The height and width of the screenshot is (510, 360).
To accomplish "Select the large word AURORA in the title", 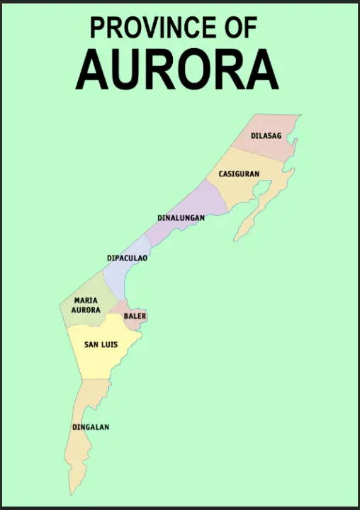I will (176, 69).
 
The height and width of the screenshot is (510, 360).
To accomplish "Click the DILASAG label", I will (266, 135).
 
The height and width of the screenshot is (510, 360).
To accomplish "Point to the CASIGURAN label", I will (239, 174).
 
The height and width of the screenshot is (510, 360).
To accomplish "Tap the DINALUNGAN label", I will (181, 217).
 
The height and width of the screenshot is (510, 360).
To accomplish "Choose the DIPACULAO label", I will (127, 258).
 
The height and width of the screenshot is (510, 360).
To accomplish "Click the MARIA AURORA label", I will (86, 305).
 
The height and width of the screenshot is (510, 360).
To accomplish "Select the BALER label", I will (135, 316).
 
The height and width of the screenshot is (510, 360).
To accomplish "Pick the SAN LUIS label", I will (101, 345).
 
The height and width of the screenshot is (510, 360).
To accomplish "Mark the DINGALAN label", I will (91, 427).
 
